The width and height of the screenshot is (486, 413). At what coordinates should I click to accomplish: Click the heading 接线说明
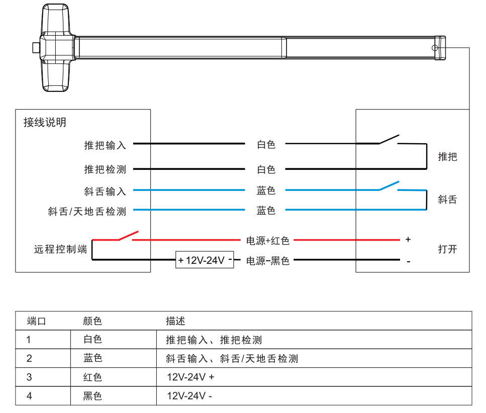pos(45,123)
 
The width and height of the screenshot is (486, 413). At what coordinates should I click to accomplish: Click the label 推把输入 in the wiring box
pos(105,145)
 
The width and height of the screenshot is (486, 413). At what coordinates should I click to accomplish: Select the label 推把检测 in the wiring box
pos(105,169)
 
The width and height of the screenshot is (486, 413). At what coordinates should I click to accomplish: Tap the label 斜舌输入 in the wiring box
pos(105,191)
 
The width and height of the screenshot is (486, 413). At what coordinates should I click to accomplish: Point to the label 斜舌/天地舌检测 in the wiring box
pos(87,212)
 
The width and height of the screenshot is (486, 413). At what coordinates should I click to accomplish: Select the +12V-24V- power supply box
pos(205,260)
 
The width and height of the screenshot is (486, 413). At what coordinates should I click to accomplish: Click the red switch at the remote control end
pos(128,236)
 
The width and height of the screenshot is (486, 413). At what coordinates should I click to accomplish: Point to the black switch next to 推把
pos(388,139)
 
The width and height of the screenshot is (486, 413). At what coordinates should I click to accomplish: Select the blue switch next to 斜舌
pos(388,186)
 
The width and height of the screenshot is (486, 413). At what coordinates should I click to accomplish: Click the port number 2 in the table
pos(29,358)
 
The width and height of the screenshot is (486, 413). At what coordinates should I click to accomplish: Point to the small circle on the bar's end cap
pos(435,48)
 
